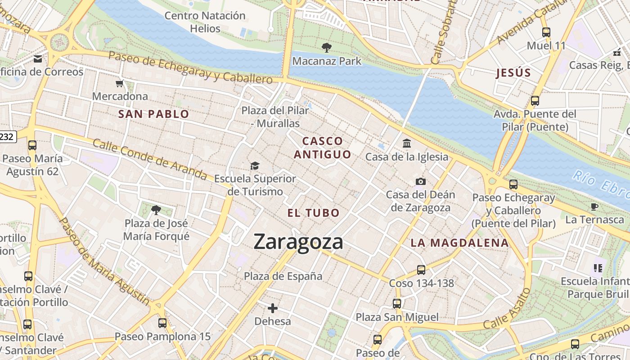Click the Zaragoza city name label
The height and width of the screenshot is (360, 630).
[298, 242]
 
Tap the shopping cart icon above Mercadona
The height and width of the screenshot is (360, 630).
[120, 83]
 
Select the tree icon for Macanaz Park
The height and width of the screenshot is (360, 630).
[327, 47]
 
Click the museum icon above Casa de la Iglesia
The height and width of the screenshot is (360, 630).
[407, 143]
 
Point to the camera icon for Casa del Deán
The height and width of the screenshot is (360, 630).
[420, 181]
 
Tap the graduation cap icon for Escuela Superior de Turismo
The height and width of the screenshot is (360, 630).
[255, 166]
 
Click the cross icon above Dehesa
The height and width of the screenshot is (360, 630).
[272, 308]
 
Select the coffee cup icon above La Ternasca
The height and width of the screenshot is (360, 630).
[594, 207]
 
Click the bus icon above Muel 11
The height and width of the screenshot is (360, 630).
[546, 32]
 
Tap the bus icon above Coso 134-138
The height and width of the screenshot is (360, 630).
[421, 270]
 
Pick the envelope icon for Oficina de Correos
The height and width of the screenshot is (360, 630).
[38, 58]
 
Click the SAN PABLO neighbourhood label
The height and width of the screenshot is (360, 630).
[153, 114]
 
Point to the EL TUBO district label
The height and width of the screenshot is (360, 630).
[313, 213]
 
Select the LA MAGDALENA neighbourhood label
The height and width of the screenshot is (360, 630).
[459, 243]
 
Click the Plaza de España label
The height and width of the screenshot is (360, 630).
[283, 276]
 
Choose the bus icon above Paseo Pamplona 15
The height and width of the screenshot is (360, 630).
[162, 323]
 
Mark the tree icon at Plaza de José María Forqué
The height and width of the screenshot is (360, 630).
[156, 209]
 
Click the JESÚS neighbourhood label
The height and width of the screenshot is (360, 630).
[513, 73]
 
